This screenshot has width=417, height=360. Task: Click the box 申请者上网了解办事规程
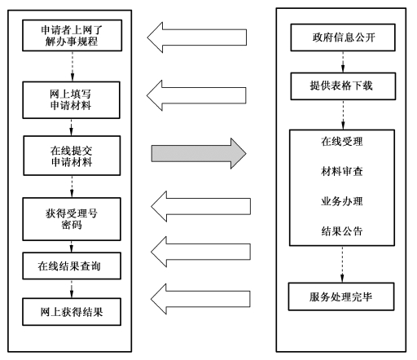point(72,35)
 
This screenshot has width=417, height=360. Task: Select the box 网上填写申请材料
point(71,100)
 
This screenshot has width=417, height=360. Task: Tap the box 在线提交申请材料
point(72,156)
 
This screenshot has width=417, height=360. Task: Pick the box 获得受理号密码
point(72,219)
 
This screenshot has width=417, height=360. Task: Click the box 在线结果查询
point(72,266)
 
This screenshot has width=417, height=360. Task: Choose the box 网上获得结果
point(72,312)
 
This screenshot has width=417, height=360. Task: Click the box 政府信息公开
point(343,37)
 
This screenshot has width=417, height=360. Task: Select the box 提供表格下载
point(343,86)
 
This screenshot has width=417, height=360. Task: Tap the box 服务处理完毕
point(341,296)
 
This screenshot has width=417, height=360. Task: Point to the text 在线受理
point(342,142)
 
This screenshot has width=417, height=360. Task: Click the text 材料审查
point(342,171)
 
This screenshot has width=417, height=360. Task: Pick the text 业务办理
point(342,201)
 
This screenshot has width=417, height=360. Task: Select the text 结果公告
point(342,231)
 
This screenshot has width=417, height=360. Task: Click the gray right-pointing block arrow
point(199,154)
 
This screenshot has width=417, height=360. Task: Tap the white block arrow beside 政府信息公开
point(197,37)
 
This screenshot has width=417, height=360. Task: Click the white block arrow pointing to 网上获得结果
point(200,299)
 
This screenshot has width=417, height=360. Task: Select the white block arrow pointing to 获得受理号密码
point(201,206)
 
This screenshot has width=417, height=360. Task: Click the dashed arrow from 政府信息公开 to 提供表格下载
point(343,62)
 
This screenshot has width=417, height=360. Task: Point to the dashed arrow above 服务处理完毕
point(342,265)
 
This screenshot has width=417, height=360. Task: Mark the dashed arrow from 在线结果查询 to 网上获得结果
point(72,289)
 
